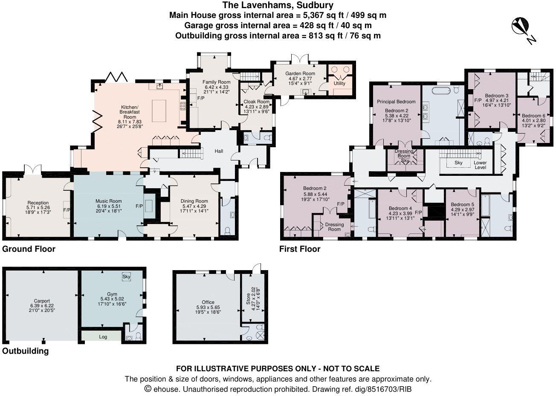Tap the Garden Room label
point(300,73)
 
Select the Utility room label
point(339,84)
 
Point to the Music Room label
point(108,201)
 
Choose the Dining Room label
point(194,201)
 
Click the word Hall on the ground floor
point(219,151)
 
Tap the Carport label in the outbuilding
point(40,300)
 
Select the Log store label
point(103,337)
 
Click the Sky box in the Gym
point(126,277)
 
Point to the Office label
point(208,302)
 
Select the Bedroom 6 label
point(533,116)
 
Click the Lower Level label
point(480,165)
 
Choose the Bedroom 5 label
point(462,204)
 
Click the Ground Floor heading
point(29,249)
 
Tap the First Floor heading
point(299,249)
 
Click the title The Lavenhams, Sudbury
point(278,5)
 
